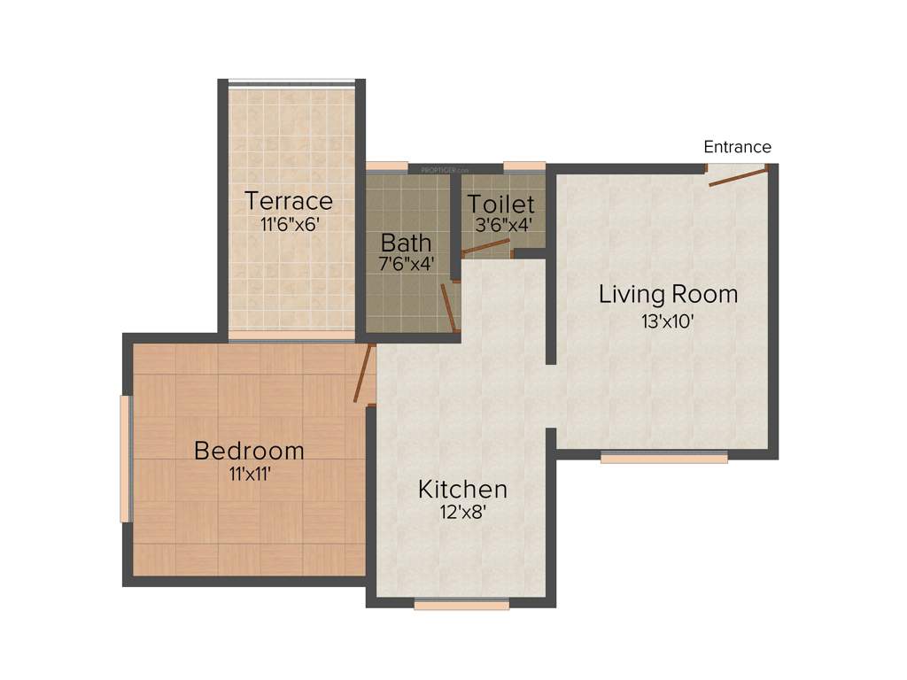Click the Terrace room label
(x=289, y=201)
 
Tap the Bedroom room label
(x=249, y=451)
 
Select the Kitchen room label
(x=462, y=489)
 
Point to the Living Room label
(x=668, y=294)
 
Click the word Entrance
(x=737, y=147)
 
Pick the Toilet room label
(x=501, y=204)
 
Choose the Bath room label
(x=407, y=242)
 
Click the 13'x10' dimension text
(x=667, y=322)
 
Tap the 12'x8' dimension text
(x=461, y=513)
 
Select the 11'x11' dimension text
(x=249, y=475)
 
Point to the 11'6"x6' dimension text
(x=289, y=224)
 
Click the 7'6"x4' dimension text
(x=407, y=263)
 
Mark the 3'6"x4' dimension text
(x=503, y=225)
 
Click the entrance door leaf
(x=737, y=178)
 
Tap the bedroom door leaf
(x=361, y=375)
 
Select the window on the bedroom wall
(x=126, y=459)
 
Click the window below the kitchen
(x=461, y=606)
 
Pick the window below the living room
(x=663, y=458)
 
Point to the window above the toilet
(x=523, y=166)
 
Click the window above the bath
(x=387, y=166)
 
